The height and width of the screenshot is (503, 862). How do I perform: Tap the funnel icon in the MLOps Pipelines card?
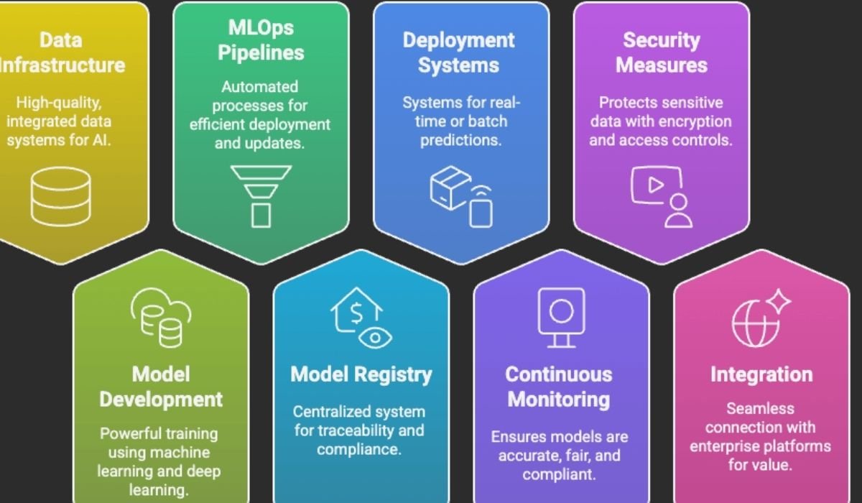click(x=261, y=195)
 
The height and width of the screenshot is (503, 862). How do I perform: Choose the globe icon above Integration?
click(x=756, y=317)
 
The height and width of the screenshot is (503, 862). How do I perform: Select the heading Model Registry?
click(x=361, y=374)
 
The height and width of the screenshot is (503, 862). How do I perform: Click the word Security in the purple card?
click(x=661, y=40)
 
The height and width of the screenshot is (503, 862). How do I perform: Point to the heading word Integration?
click(x=761, y=374)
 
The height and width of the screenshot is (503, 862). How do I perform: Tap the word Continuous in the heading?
click(x=558, y=374)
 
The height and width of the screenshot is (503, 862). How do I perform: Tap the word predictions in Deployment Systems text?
click(x=460, y=139)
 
